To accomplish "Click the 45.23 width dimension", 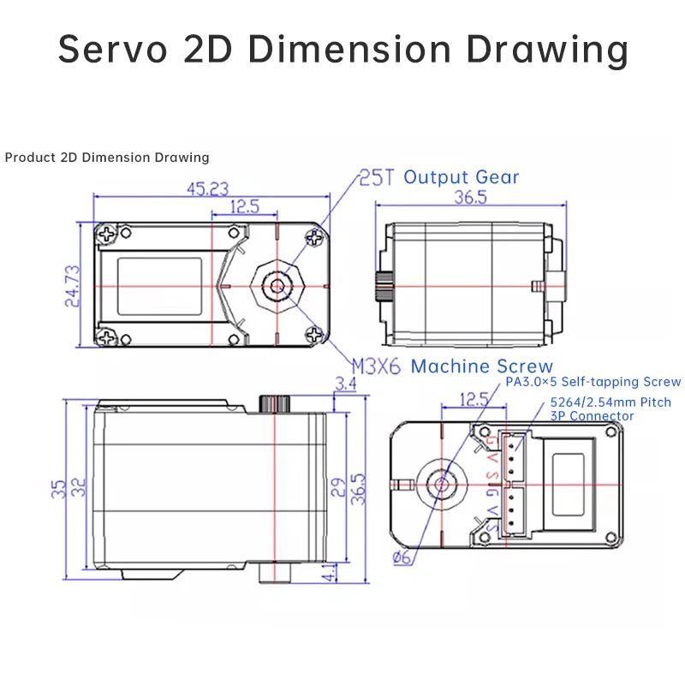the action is [x=207, y=189].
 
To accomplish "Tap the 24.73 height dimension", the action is [x=73, y=286].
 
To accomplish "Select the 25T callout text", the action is [x=377, y=178].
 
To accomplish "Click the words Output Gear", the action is [x=462, y=177].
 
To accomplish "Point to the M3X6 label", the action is [x=376, y=366].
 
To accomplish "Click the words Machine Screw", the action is [x=482, y=366].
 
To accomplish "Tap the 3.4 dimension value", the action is [x=346, y=384].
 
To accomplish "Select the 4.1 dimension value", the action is [x=331, y=573].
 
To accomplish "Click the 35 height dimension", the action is [x=58, y=489].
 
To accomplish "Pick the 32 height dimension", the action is [x=79, y=487].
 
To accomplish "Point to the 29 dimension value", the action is [x=338, y=487].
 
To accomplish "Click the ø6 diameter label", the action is [x=402, y=557].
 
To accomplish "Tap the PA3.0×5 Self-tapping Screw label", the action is [x=593, y=382].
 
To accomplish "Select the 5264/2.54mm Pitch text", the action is [x=611, y=402].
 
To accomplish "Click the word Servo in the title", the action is [x=113, y=49].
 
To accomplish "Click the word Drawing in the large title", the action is [x=547, y=51].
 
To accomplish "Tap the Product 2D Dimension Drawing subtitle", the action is [x=107, y=158].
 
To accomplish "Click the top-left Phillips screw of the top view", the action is [x=106, y=234].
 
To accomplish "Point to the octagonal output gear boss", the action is [x=277, y=287].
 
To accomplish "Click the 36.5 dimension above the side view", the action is [x=470, y=198].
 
